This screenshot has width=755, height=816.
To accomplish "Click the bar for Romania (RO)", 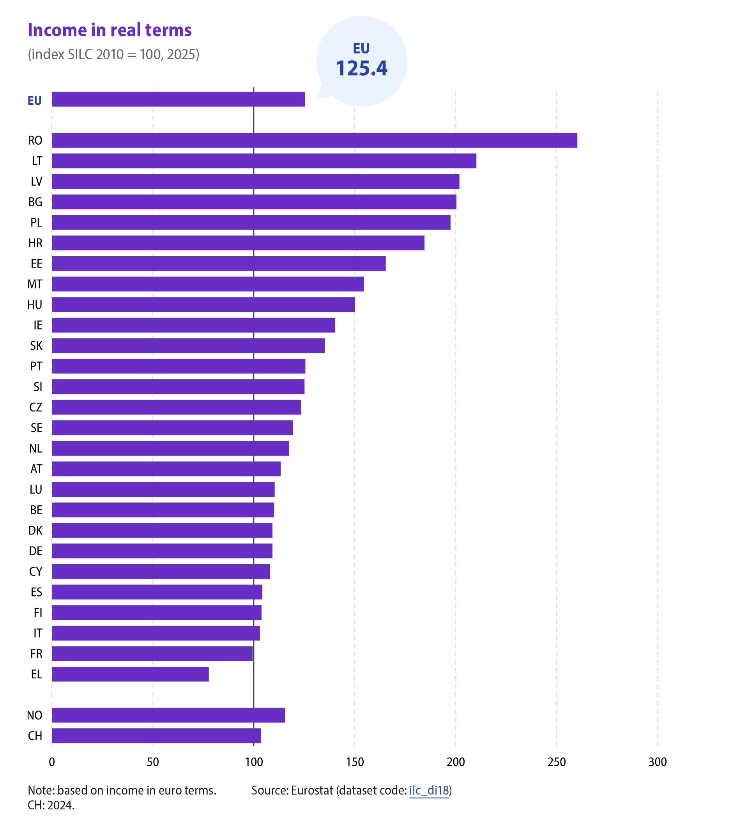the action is [314, 140].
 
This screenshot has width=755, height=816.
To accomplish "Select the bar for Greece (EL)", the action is [130, 674].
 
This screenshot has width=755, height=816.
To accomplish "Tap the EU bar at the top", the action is [179, 99].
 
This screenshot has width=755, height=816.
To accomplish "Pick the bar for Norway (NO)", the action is [168, 715].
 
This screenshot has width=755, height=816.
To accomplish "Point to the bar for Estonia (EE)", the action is [219, 264].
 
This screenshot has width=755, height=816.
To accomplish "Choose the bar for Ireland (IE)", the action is [193, 325].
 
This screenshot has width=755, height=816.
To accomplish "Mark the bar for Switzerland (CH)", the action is [156, 736].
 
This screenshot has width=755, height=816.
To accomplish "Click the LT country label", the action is [37, 161].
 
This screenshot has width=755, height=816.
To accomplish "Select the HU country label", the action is [35, 305].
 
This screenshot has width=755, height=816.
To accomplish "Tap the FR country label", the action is [36, 653].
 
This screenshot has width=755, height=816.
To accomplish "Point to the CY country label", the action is [35, 571].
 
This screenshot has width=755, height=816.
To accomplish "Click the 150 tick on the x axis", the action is [355, 762].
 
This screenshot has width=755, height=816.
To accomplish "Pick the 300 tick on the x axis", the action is [658, 762].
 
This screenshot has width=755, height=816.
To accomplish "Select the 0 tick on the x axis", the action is [52, 762].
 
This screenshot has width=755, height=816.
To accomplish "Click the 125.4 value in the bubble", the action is [362, 68].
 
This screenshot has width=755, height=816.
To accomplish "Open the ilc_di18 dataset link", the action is [429, 790].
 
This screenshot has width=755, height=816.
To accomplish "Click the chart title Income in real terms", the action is [110, 30].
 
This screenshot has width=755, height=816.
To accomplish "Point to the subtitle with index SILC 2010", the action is [113, 54].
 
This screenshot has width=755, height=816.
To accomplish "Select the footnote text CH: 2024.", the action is [51, 805].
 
